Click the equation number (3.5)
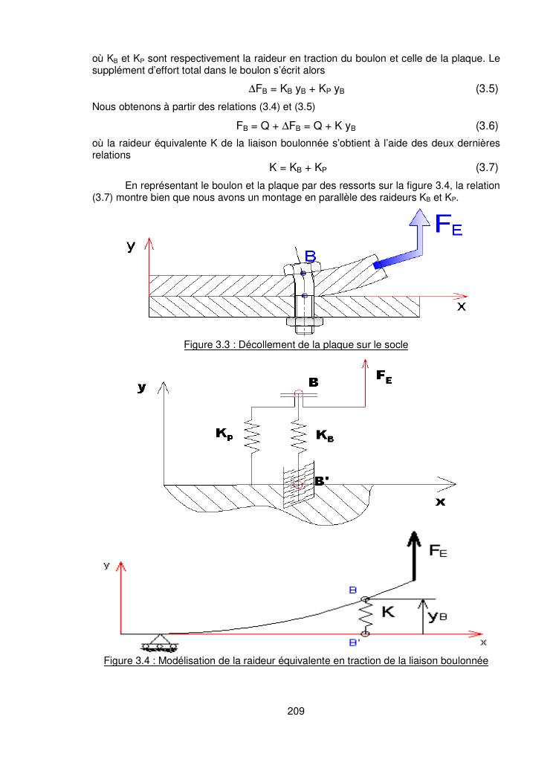click(487, 88)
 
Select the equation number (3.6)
click(487, 125)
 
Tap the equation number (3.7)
click(487, 167)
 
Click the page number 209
click(297, 712)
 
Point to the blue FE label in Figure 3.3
click(447, 225)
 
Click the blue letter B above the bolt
click(310, 257)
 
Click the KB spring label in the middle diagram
click(325, 436)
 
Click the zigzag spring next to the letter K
click(365, 616)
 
